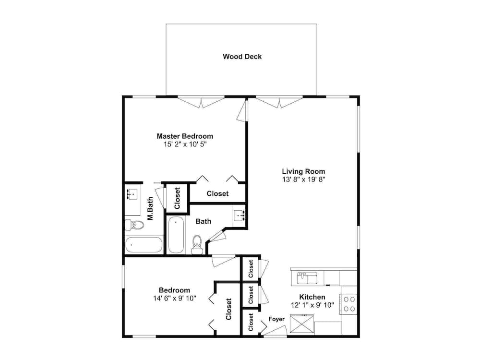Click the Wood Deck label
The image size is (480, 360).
[242, 56]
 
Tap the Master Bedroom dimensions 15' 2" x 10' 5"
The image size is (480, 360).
[185, 144]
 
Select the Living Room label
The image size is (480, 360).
[303, 171]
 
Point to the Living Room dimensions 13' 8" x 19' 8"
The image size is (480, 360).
[303, 180]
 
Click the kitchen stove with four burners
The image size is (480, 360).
[348, 304]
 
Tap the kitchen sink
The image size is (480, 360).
[307, 278]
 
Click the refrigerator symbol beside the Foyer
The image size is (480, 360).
[301, 324]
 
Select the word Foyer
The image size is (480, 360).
[276, 319]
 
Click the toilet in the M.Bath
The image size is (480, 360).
[134, 225]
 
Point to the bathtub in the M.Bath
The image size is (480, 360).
[144, 245]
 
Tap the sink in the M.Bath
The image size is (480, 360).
[132, 194]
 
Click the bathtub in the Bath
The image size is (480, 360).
[176, 235]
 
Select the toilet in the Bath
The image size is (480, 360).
[196, 245]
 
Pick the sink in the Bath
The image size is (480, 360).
[239, 216]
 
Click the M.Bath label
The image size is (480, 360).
[150, 208]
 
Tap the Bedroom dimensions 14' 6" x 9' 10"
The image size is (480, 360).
[175, 298]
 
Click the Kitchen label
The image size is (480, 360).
[312, 297]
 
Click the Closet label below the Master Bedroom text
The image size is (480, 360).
[217, 193]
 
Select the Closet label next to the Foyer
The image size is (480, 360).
[251, 322]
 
